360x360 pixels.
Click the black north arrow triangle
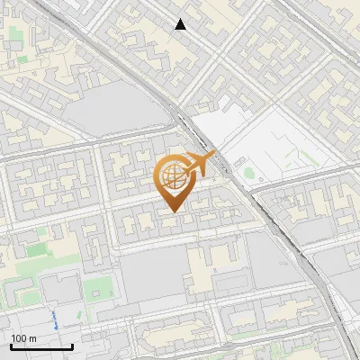(181, 24)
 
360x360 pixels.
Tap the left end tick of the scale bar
(11, 346)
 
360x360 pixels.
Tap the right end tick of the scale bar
(72, 346)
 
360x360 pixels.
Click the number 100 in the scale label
(19, 337)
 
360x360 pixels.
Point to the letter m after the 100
(31, 337)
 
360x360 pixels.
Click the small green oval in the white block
(248, 172)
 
